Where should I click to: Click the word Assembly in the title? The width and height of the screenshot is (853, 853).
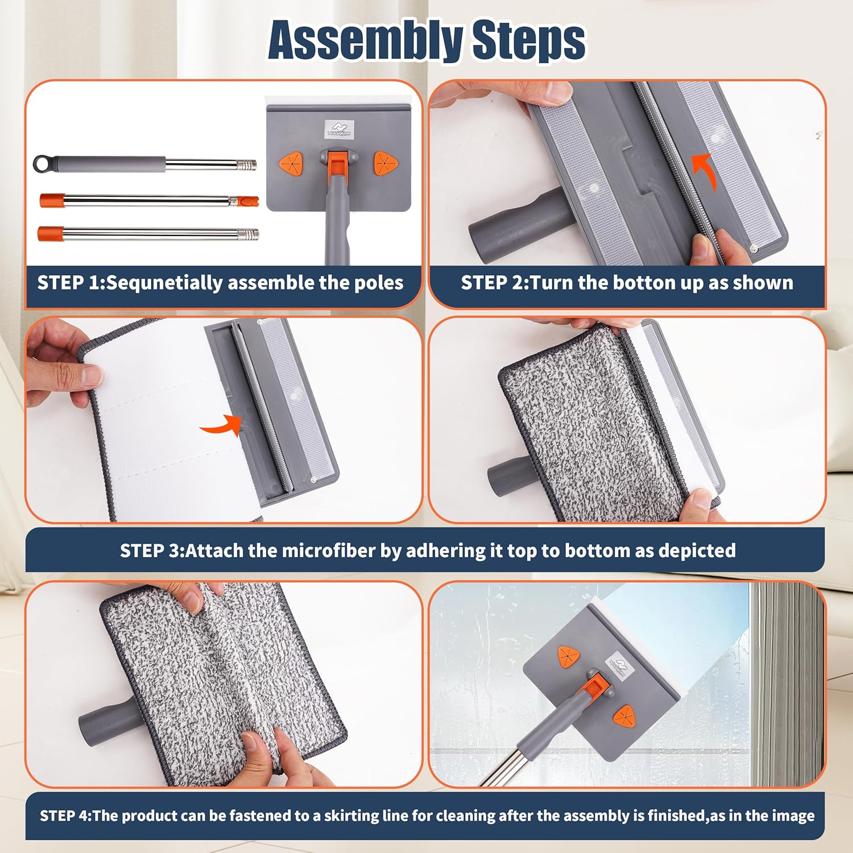click(365, 40)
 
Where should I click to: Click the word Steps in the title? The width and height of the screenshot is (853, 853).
click(529, 40)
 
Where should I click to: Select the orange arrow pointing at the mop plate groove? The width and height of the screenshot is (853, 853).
click(222, 424)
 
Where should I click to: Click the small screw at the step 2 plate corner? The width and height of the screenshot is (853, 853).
click(754, 247)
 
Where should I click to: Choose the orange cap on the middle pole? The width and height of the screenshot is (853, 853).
click(51, 200)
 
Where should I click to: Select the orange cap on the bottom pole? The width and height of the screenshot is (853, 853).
click(49, 233)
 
